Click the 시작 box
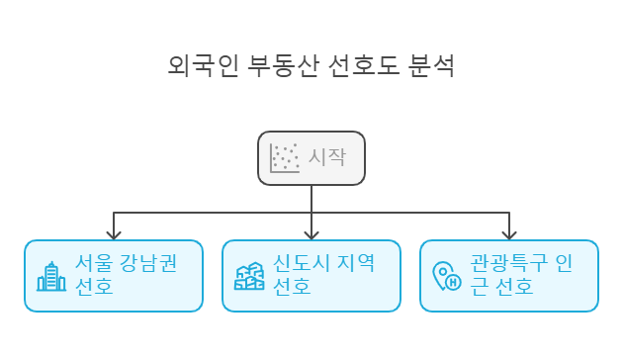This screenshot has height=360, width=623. [311, 157]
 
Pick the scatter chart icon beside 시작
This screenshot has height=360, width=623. [285, 157]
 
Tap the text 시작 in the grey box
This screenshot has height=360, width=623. [328, 157]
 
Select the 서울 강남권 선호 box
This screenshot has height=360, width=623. [113, 275]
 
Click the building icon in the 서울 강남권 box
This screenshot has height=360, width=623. [51, 276]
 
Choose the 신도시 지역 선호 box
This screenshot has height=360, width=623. [311, 275]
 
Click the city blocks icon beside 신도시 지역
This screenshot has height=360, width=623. [249, 276]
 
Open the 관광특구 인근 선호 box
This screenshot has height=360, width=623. [509, 275]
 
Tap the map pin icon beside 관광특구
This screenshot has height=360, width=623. [447, 276]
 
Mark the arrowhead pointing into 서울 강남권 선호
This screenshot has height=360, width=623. [114, 234]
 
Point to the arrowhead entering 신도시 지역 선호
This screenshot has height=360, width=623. [311, 234]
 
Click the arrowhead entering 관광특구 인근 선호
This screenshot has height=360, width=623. [509, 234]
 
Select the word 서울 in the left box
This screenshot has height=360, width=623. [92, 264]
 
